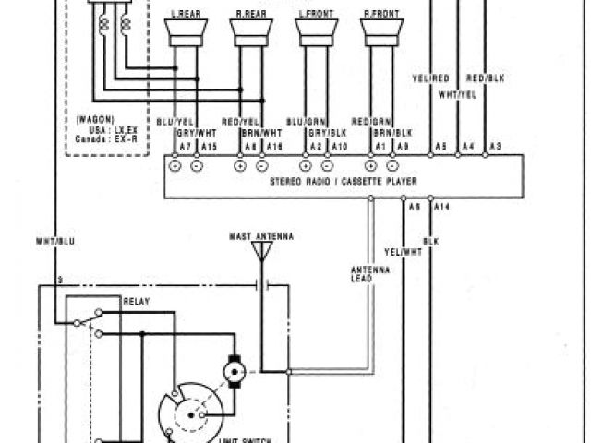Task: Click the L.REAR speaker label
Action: pyautogui.click(x=185, y=15)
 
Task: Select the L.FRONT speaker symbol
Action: pyautogui.click(x=315, y=32)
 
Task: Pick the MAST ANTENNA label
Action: pyautogui.click(x=261, y=237)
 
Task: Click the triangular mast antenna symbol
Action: pyautogui.click(x=262, y=252)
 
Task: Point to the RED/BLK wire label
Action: pyautogui.click(x=485, y=78)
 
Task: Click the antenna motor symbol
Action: pyautogui.click(x=232, y=371)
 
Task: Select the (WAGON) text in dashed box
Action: pyautogui.click(x=93, y=119)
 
